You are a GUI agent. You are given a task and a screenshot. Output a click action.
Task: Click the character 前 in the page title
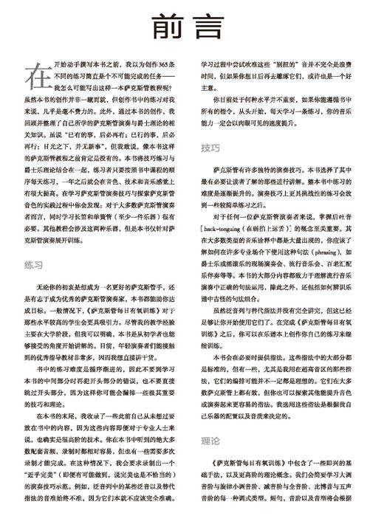point(166,26)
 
